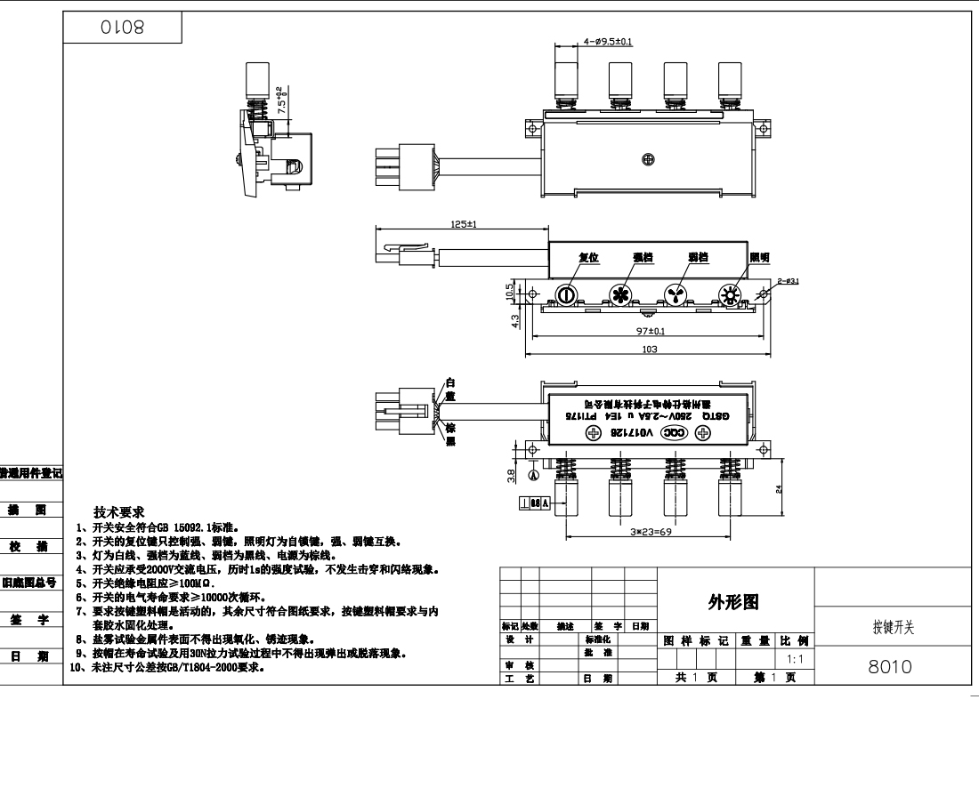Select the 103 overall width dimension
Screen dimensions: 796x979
pos(649,350)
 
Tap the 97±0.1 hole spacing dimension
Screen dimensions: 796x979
pos(649,330)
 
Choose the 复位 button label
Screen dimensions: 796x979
pos(588,258)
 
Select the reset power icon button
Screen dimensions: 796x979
pos(567,294)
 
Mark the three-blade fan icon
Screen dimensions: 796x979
pos(676,294)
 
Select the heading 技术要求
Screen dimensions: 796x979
pos(119,513)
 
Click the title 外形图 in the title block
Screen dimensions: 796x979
pos(734,603)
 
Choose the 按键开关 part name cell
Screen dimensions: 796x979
pos(893,628)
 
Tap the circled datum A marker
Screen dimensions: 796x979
pos(532,475)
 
